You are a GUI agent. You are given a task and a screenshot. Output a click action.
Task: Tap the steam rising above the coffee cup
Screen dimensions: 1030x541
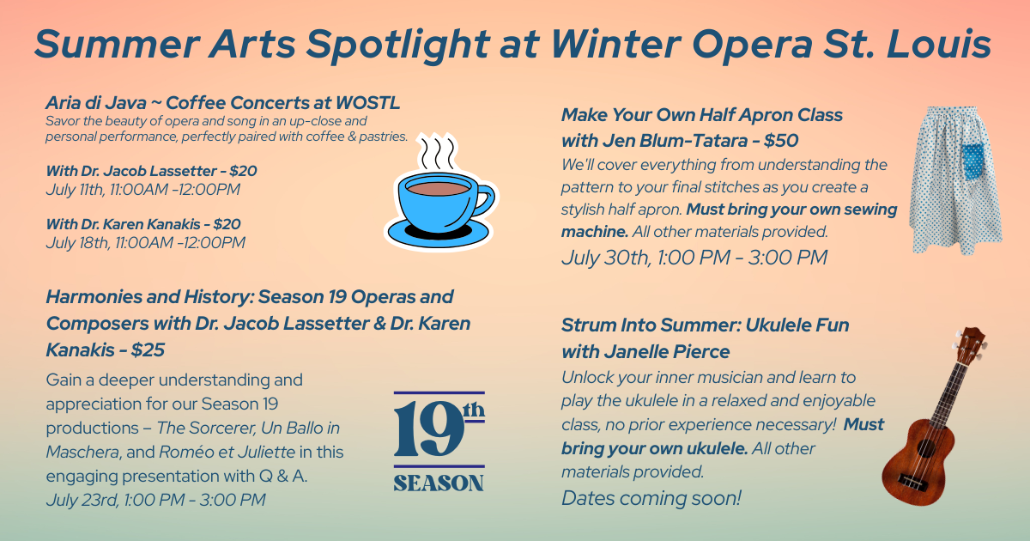pyautogui.click(x=437, y=152)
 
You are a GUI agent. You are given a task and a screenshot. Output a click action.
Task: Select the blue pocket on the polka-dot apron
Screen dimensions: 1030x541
pyautogui.click(x=973, y=161)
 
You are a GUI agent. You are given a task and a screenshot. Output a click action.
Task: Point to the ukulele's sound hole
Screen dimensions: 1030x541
pyautogui.click(x=924, y=448)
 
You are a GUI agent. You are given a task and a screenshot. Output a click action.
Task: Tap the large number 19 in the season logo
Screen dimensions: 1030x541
pyautogui.click(x=428, y=429)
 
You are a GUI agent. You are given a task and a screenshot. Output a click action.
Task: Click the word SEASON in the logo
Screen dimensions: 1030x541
pyautogui.click(x=439, y=483)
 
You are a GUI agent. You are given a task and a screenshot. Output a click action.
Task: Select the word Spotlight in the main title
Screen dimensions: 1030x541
pyautogui.click(x=398, y=45)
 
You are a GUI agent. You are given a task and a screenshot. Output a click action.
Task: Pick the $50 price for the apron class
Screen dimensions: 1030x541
pyautogui.click(x=781, y=141)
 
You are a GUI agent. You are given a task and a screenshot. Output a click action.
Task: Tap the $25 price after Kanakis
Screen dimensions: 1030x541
pyautogui.click(x=148, y=350)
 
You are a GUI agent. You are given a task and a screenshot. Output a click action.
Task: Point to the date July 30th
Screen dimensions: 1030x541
pyautogui.click(x=604, y=258)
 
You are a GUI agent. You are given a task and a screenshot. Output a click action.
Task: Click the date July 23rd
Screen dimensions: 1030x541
pyautogui.click(x=82, y=500)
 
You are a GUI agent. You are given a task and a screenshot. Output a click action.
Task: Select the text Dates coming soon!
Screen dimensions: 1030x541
pyautogui.click(x=651, y=498)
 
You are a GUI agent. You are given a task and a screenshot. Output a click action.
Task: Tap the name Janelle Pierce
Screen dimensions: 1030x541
pyautogui.click(x=667, y=352)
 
